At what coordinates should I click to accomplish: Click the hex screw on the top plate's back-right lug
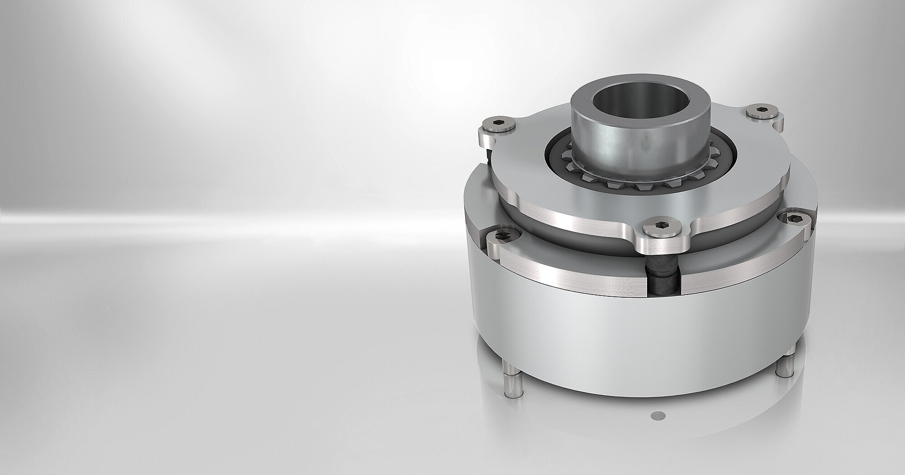(762, 110)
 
